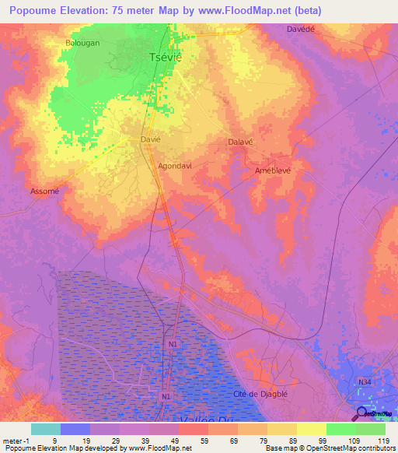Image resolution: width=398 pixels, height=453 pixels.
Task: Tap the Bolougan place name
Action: coord(82,44)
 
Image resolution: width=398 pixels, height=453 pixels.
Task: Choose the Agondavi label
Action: coord(175,166)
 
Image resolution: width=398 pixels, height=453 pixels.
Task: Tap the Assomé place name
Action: coord(44,191)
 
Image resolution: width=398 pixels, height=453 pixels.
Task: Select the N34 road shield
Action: coord(365,381)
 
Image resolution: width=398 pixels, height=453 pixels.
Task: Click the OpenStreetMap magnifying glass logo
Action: coord(362,413)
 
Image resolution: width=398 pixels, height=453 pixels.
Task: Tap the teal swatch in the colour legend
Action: coord(45,429)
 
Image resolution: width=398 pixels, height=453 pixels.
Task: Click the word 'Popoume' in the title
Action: coord(37,11)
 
